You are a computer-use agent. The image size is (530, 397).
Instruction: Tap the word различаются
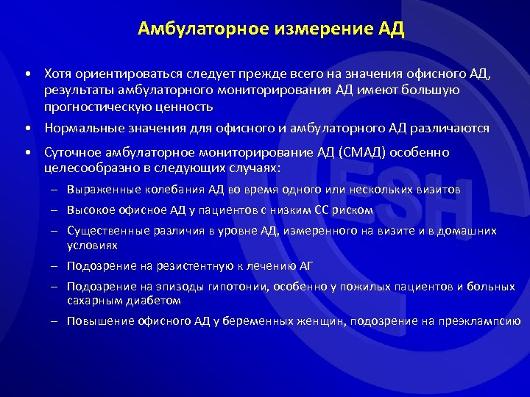click(451, 128)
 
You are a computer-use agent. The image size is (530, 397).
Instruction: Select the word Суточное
click(71, 152)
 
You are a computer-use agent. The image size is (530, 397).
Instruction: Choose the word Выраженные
click(98, 190)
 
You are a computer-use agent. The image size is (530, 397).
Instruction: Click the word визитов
click(439, 190)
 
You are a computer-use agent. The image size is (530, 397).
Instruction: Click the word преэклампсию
click(482, 321)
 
